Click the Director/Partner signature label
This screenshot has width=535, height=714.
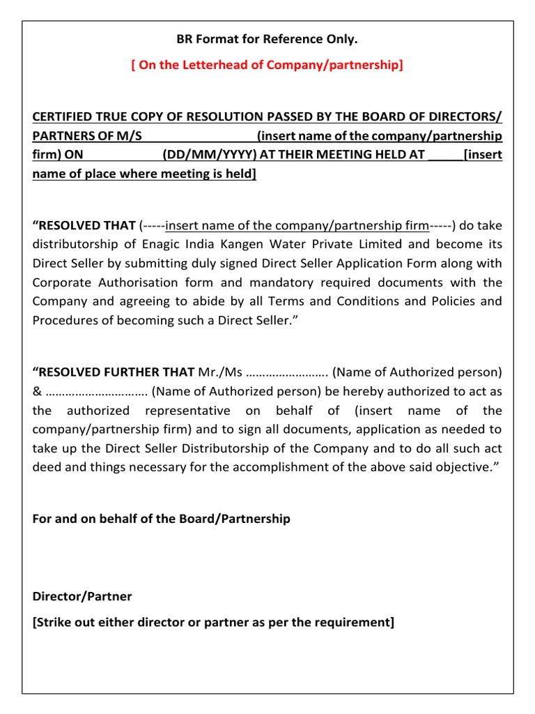82,596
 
